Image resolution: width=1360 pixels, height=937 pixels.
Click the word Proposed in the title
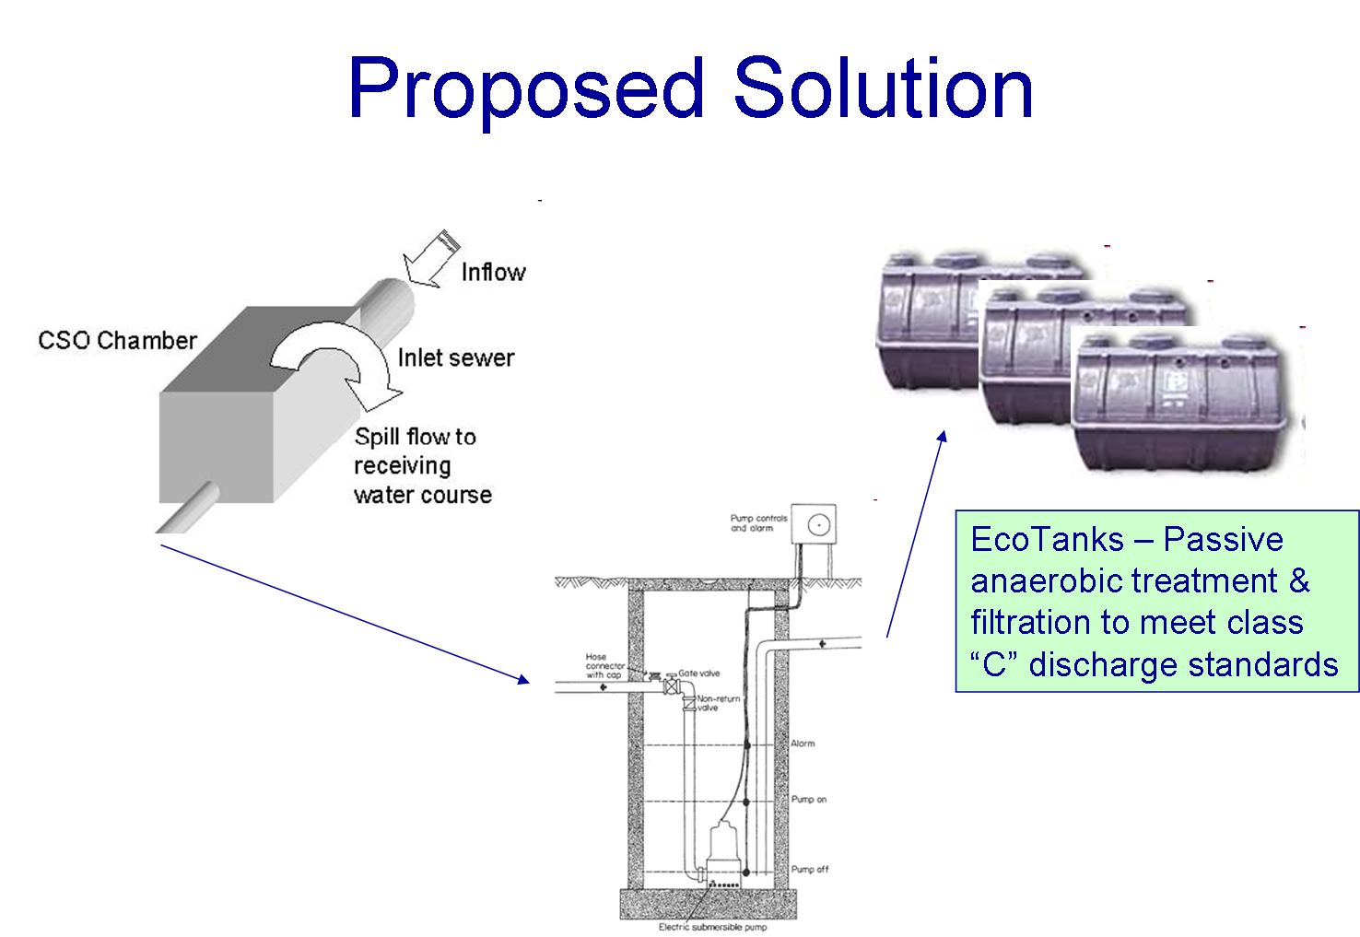click(525, 89)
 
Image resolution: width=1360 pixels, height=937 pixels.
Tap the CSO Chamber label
click(117, 340)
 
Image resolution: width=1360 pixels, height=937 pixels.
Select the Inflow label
click(493, 272)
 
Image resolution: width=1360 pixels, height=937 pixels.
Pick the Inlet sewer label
click(455, 357)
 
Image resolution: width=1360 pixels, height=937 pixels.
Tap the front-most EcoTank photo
click(1188, 405)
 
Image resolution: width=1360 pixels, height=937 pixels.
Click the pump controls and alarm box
click(815, 524)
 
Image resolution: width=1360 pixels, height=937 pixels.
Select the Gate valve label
click(699, 673)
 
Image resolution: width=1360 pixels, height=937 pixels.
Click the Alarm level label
click(803, 744)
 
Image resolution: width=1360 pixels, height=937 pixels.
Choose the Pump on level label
click(808, 800)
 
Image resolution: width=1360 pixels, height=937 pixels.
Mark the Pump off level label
click(809, 869)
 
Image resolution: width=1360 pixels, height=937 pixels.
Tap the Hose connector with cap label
click(604, 666)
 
